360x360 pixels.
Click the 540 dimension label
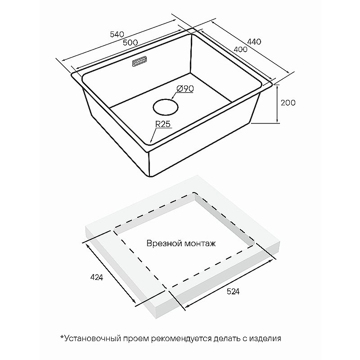pyautogui.click(x=117, y=35)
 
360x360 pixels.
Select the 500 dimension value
pyautogui.click(x=130, y=42)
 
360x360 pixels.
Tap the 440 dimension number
pyautogui.click(x=254, y=41)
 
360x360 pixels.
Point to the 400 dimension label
pyautogui.click(x=240, y=49)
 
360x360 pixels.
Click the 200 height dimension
pyautogui.click(x=288, y=103)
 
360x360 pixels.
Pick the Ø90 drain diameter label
pyautogui.click(x=185, y=89)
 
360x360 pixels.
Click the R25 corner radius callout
pyautogui.click(x=163, y=124)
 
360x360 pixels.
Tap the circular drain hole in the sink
pyautogui.click(x=166, y=107)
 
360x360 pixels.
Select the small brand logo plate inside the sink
pyautogui.click(x=139, y=62)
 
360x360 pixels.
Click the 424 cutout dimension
pyautogui.click(x=97, y=277)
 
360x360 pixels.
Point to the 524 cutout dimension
pyautogui.click(x=233, y=291)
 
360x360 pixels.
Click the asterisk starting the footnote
pyautogui.click(x=62, y=337)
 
